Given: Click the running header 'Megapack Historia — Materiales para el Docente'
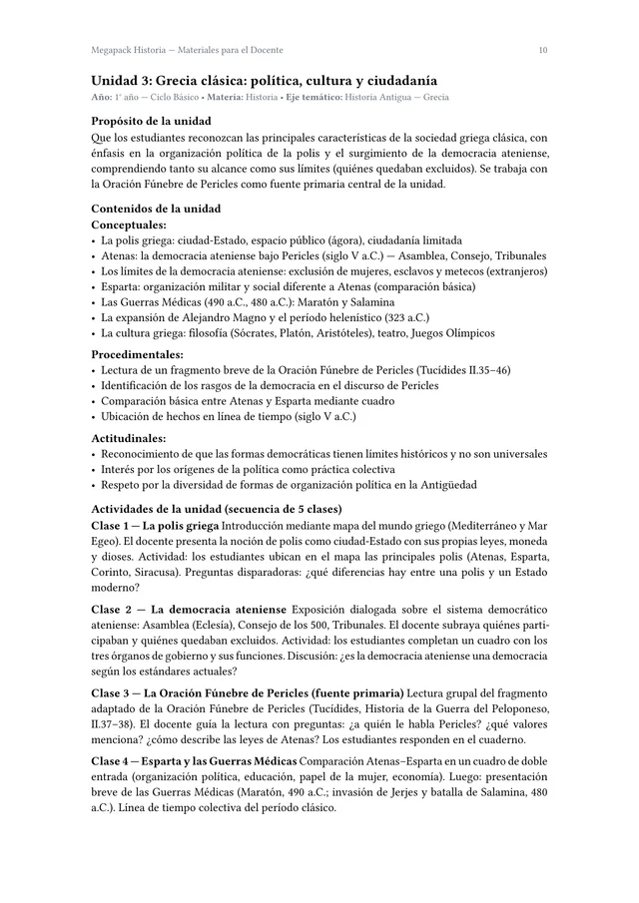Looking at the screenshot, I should pyautogui.click(x=187, y=49).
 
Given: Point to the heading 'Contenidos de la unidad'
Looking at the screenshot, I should pyautogui.click(x=156, y=209).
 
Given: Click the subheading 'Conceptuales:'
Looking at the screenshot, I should pyautogui.click(x=129, y=225).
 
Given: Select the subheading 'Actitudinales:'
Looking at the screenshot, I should pyautogui.click(x=129, y=437).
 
